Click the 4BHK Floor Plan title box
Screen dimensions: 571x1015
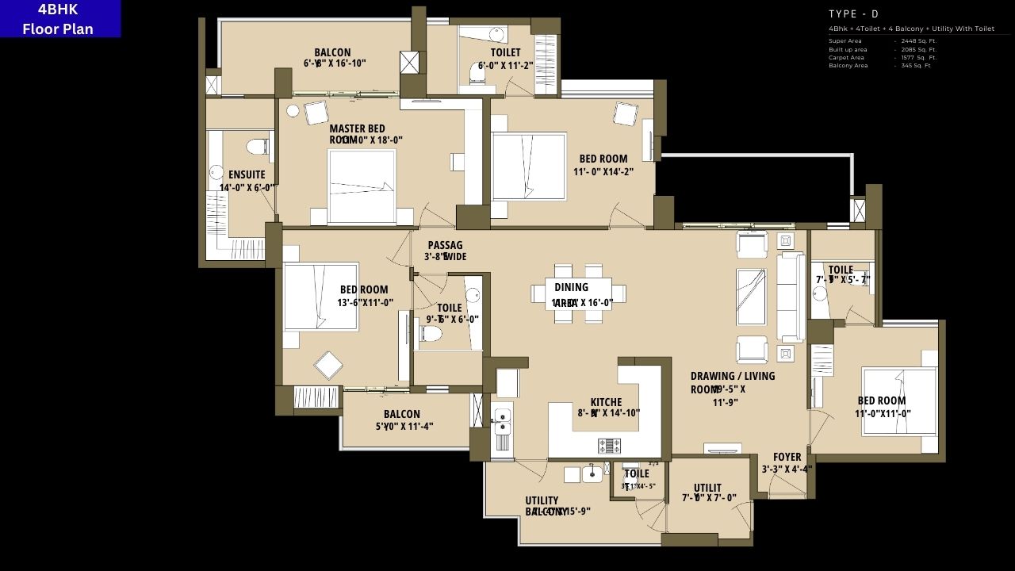pos(59,19)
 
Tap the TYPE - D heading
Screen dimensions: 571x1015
pos(853,13)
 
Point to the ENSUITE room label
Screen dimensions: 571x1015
pos(247,174)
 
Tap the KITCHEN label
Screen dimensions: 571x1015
pos(606,402)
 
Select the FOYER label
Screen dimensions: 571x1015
pos(787,457)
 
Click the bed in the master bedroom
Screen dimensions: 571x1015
pos(362,187)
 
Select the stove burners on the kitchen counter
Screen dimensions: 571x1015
pos(609,445)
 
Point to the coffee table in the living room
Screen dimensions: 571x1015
pos(751,297)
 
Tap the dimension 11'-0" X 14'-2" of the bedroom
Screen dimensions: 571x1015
pos(603,171)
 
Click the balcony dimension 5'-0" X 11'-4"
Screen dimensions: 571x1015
pos(404,427)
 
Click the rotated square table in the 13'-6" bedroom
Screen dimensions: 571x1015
pos(328,366)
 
